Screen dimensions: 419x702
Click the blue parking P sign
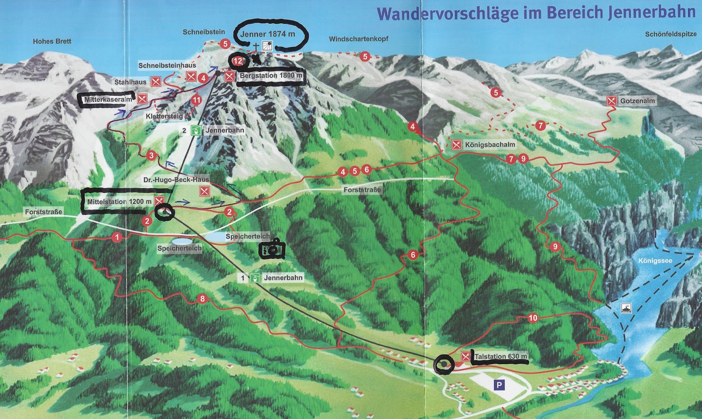tap(499, 385)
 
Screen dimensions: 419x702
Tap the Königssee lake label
tap(655, 261)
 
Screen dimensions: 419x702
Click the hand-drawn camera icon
tap(272, 250)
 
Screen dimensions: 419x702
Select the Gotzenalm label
tap(637, 101)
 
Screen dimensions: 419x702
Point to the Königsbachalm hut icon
tap(456, 145)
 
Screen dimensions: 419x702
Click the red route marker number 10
tap(533, 318)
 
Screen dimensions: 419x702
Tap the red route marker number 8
tap(202, 299)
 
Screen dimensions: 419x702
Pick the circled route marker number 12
tap(238, 61)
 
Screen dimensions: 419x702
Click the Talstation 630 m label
tap(501, 356)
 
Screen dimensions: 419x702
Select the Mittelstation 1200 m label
tap(119, 201)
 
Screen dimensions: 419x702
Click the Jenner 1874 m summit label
tap(268, 34)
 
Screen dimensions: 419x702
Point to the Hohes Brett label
tap(52, 41)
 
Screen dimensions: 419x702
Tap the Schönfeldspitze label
tap(670, 34)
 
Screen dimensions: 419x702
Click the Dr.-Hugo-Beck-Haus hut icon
tap(204, 191)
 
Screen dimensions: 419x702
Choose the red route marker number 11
tap(196, 100)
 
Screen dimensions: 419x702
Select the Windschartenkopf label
tap(358, 39)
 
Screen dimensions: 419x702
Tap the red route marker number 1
tap(116, 237)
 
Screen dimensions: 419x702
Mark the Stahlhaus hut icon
tap(156, 82)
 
